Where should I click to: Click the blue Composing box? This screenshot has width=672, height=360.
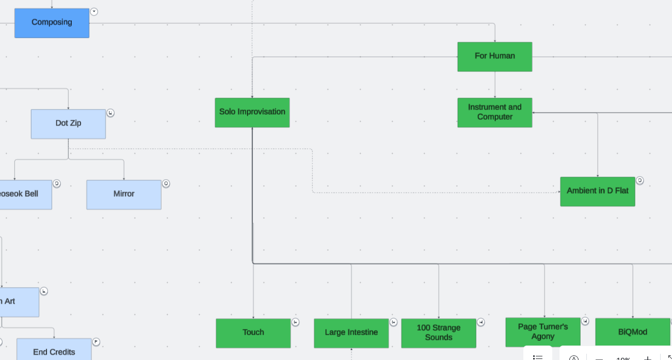tap(52, 23)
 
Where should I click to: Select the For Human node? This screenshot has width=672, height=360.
tap(494, 56)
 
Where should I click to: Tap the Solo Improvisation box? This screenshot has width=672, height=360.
tap(252, 112)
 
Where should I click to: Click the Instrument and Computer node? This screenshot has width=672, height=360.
tap(494, 112)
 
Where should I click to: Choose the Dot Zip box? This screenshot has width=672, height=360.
tap(68, 123)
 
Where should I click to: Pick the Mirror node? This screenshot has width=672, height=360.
tap(124, 194)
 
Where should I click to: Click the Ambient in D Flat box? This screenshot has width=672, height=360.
tap(597, 191)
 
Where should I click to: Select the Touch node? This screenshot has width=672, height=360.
tap(253, 333)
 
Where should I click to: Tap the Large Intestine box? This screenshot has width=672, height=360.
tap(351, 333)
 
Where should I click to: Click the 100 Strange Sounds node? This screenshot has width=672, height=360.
tap(438, 333)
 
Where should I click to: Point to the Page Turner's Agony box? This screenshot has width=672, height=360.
tap(542, 332)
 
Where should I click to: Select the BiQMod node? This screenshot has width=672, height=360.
tap(632, 332)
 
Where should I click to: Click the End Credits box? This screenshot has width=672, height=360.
tap(54, 351)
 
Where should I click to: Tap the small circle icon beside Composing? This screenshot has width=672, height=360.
tap(94, 12)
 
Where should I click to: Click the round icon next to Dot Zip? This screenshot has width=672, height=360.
tap(110, 113)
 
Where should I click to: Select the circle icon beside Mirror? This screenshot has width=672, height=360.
tap(166, 183)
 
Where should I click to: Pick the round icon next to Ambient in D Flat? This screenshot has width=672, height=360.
tap(639, 180)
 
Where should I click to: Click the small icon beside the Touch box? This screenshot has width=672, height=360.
tap(295, 322)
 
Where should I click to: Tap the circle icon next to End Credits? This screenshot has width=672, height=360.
tap(96, 342)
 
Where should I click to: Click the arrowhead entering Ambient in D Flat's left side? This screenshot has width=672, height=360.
tap(558, 192)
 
